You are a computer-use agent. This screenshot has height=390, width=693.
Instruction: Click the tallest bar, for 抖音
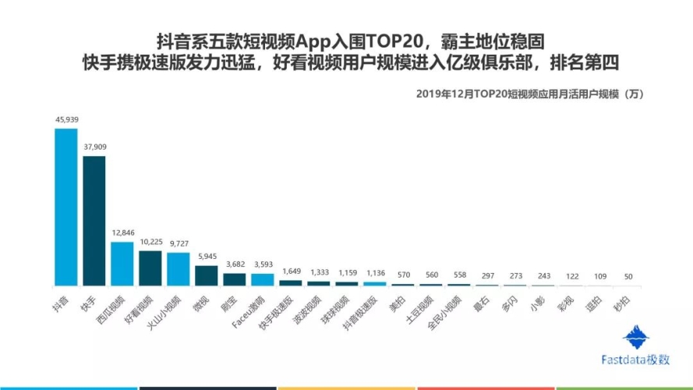coord(65,207)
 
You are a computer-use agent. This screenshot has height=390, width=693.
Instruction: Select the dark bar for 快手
coord(94,221)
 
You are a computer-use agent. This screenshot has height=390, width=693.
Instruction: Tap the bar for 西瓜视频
coord(122,264)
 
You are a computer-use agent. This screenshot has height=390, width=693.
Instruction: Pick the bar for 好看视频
coord(150,268)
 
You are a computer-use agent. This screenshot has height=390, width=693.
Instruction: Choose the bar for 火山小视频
coord(178,269)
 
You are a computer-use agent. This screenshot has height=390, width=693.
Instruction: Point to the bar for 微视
coord(206,275)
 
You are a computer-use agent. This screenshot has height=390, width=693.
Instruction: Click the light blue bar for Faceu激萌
coord(262,279)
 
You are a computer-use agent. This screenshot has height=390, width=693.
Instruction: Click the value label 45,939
coord(66,119)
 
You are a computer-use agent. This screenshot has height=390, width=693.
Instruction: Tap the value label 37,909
coord(94,147)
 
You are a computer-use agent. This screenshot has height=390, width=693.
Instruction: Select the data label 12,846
coord(122,233)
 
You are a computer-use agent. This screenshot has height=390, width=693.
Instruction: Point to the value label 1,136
coord(375,273)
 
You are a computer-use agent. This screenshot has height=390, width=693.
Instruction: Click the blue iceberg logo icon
coord(635,337)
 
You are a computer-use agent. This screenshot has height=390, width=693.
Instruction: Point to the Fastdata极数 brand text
coord(635,360)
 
